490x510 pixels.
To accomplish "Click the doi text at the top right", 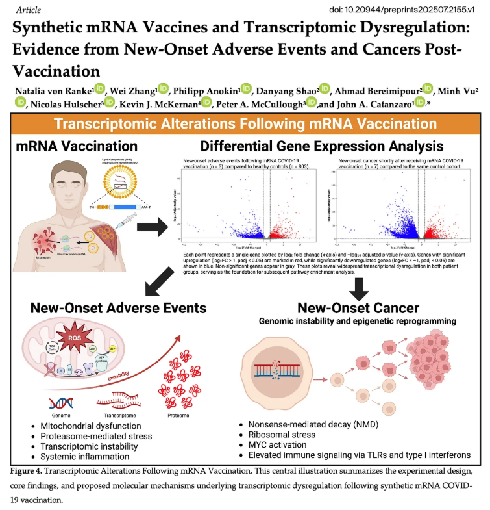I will [403, 10].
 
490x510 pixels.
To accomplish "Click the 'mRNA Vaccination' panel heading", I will [77, 146].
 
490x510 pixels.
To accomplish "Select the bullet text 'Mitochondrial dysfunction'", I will [88, 426].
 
